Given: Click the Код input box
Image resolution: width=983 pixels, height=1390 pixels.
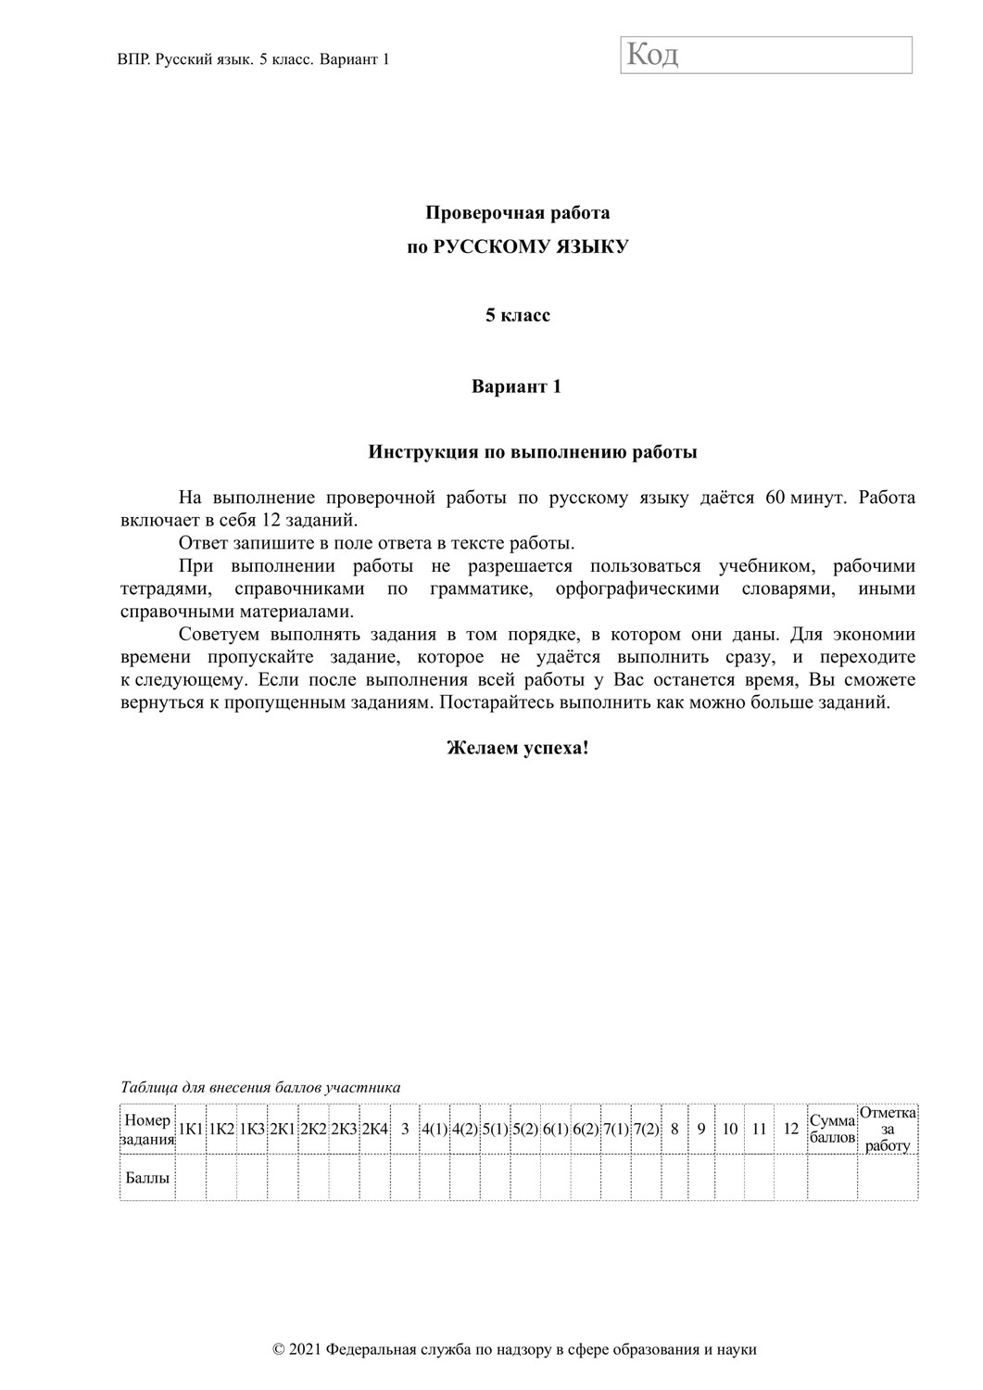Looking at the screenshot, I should point(766,55).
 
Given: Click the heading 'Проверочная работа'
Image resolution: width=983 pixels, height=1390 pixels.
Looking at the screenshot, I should point(517,213).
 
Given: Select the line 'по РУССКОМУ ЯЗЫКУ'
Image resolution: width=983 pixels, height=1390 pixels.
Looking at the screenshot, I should point(517,246).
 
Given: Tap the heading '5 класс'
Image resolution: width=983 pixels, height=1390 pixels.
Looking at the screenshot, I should point(517,316).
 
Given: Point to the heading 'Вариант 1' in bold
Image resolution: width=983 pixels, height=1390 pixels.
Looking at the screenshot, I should point(517,386).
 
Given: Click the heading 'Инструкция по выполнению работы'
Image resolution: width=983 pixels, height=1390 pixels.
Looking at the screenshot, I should point(533,453).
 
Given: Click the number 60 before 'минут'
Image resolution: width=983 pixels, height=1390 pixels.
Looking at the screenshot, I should point(775,498).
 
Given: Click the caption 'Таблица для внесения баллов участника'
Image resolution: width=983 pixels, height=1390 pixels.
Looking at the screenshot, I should point(260,1087).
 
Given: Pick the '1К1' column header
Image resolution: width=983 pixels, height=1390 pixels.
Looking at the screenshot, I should point(190,1129).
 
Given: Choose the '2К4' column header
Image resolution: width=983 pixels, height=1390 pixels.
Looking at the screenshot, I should point(374,1129).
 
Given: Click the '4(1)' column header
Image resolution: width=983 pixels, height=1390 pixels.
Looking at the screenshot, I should point(435,1129).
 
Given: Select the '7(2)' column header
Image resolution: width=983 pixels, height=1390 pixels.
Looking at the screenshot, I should point(646,1129).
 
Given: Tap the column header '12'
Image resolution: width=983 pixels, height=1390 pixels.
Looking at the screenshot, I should point(790,1129).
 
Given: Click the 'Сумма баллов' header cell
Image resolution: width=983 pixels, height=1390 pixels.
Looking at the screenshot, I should point(832,1129).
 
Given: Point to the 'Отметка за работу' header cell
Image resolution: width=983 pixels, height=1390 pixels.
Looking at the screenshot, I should point(888,1129).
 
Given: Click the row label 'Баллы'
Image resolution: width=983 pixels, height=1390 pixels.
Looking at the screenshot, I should point(147,1178).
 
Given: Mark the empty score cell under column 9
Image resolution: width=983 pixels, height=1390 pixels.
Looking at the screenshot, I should point(701,1178).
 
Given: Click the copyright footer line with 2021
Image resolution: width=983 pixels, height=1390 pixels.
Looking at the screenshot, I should point(515,1349).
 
